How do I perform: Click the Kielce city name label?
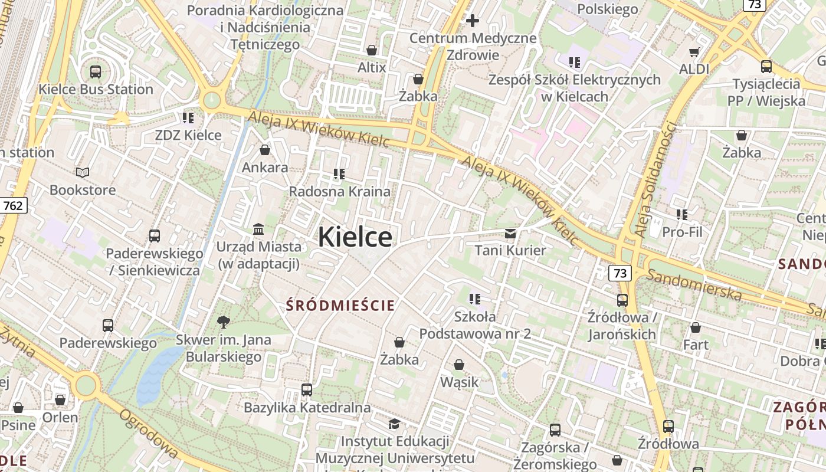point(355,237)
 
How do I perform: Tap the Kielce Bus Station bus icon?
point(95,72)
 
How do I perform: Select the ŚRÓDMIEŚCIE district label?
point(340,306)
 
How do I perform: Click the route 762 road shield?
point(13,205)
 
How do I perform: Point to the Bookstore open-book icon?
point(83,172)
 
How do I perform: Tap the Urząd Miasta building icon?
point(258,229)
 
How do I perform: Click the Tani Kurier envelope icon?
point(510,234)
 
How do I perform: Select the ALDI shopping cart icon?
point(694,52)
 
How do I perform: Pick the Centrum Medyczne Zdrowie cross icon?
point(473,21)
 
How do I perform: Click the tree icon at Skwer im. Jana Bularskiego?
point(223,322)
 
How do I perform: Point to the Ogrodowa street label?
point(148,434)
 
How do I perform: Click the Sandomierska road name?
point(694,284)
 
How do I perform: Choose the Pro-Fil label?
point(682,232)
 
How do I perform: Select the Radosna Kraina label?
point(339,191)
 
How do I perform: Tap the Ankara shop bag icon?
point(265,150)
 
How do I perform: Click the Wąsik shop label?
point(460,382)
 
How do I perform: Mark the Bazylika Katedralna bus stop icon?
point(306,389)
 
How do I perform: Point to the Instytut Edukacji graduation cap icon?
point(394,424)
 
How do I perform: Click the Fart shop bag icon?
point(696,327)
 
